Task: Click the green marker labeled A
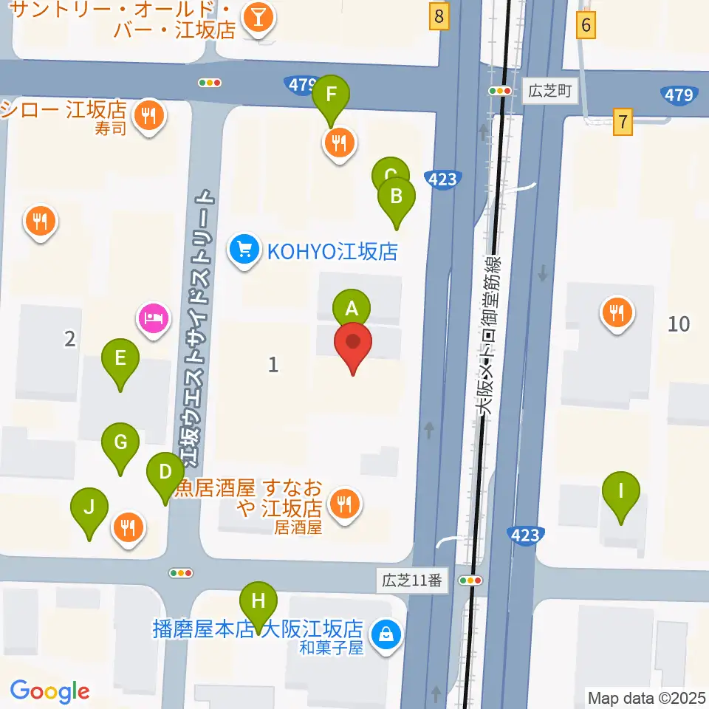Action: [x=352, y=307]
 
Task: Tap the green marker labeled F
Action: [x=331, y=95]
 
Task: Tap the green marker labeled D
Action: [x=165, y=472]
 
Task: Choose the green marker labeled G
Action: [x=120, y=442]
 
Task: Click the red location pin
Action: [x=354, y=343]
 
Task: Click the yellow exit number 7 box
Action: [x=624, y=121]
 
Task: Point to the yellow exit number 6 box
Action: [x=586, y=26]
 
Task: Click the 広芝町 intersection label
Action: [x=551, y=92]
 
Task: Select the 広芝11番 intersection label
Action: [x=412, y=580]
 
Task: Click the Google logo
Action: [x=49, y=691]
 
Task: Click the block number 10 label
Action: [x=679, y=323]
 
